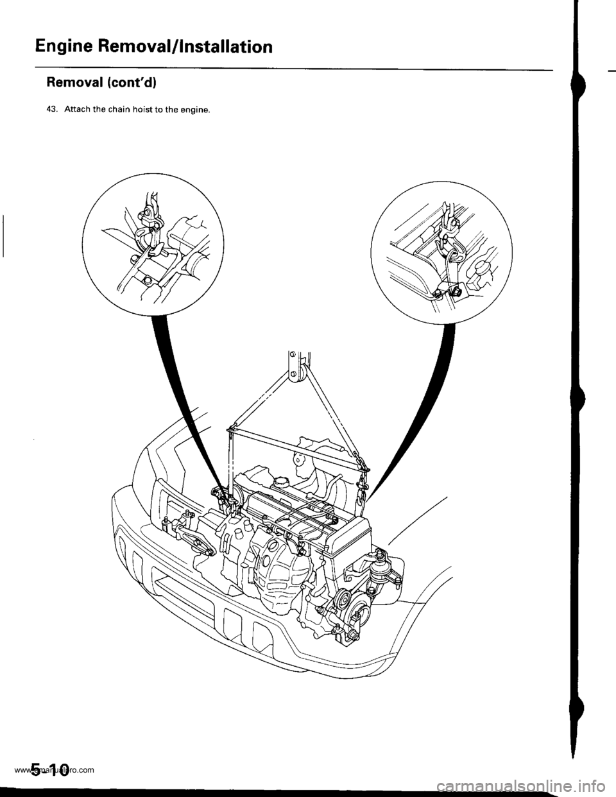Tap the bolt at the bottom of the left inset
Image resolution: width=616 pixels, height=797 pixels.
(x=147, y=279)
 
